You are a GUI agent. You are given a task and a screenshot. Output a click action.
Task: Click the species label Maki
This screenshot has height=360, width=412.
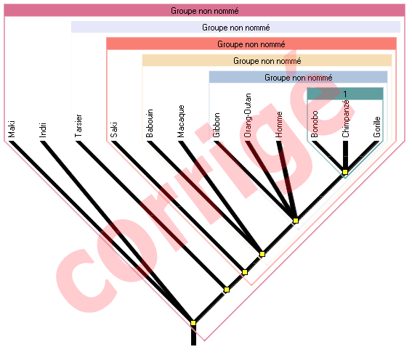click(12, 129)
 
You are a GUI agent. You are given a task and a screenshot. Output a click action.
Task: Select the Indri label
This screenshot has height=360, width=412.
click(43, 130)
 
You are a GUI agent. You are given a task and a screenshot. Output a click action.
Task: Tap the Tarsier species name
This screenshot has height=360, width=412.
click(78, 126)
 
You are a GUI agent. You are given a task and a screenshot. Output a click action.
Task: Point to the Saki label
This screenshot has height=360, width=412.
click(114, 130)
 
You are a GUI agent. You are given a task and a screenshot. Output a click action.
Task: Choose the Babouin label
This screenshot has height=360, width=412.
click(150, 123)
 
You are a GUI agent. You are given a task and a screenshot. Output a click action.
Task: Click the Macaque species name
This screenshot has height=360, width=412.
click(181, 121)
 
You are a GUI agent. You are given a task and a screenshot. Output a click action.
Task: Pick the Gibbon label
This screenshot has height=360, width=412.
click(217, 125)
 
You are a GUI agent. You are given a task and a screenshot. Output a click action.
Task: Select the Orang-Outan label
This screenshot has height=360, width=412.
click(248, 115)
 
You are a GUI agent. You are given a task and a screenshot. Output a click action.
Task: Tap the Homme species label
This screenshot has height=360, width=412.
click(279, 124)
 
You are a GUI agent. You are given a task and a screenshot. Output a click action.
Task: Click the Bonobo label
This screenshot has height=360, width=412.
click(314, 124)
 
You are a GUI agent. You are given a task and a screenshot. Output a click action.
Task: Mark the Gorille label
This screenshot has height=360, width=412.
click(377, 127)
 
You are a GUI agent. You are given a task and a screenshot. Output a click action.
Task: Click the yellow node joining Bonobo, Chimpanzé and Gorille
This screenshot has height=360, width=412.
click(345, 172)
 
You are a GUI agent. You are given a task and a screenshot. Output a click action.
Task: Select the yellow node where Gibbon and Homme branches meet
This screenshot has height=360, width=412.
click(296, 221)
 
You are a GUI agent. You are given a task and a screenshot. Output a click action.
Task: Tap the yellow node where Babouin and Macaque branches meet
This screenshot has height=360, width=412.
click(262, 254)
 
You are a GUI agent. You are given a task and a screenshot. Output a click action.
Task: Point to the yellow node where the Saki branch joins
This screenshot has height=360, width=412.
click(245, 272)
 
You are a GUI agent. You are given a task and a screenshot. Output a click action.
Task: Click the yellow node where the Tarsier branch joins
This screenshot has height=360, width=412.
click(227, 290)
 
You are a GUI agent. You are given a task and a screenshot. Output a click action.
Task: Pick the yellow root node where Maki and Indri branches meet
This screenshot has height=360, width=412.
click(193, 323)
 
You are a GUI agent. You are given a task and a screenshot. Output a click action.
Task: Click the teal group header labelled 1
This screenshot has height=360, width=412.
click(345, 94)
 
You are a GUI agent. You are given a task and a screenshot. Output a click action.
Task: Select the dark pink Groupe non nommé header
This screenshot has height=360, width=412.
click(204, 10)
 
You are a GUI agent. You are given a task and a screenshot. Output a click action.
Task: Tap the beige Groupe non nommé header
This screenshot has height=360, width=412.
click(267, 61)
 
